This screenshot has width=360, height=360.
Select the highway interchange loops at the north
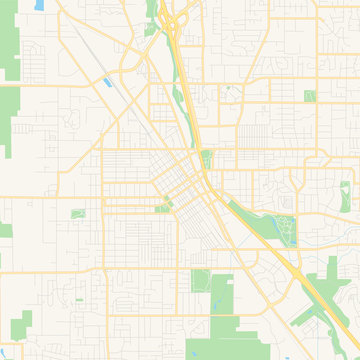tap(175, 22)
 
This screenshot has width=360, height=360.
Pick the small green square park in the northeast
tap(309, 96)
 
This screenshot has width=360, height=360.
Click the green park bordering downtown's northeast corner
tap(207, 159)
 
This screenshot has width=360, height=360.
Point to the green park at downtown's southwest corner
tap(162, 207)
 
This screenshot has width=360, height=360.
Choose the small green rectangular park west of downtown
tap(77, 212)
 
